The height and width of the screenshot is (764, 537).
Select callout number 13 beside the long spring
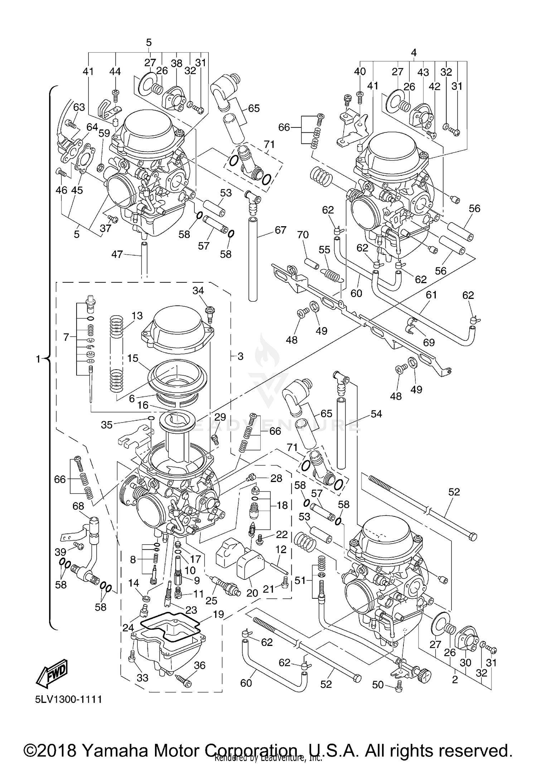pos(137,316)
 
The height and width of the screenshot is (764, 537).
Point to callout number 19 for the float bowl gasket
pos(218,614)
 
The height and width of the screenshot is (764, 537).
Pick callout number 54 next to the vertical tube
pos(376,414)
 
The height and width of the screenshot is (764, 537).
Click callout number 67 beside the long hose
pos(280,230)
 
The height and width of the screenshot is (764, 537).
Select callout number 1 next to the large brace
pos(39,359)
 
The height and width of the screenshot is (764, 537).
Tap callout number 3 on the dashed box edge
pos(240,356)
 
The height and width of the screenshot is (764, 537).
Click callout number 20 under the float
pos(252,593)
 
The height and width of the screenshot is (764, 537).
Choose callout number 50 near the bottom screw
pos(378,685)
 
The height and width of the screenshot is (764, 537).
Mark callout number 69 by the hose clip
pos(429,342)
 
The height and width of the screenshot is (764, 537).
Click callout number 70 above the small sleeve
pos(303,235)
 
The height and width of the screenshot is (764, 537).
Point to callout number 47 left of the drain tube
pos(117,254)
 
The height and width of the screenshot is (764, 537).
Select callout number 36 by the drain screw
pos(200,665)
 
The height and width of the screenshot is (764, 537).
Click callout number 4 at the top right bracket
pos(413,52)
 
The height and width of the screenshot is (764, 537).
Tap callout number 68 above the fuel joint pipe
pos(78,506)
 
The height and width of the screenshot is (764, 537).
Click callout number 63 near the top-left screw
pos(79,107)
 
